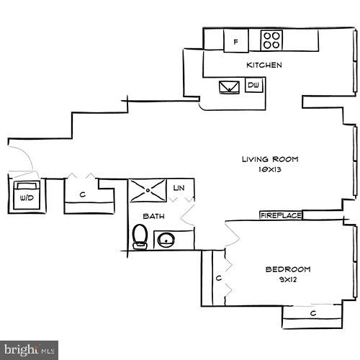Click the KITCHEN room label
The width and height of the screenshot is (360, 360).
click(x=264, y=65)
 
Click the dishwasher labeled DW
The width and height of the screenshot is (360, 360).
click(x=253, y=86)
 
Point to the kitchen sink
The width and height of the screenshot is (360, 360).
click(x=230, y=87)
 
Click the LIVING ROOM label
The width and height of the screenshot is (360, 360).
click(x=269, y=159)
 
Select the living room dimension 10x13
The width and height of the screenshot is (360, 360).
click(x=269, y=171)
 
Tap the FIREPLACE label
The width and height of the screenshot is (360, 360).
click(x=280, y=215)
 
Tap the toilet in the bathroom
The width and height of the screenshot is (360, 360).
click(x=140, y=235)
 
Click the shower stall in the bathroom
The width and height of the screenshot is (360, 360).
click(x=148, y=191)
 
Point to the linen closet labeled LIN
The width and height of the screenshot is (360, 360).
click(x=179, y=188)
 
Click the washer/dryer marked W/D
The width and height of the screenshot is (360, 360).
click(x=27, y=195)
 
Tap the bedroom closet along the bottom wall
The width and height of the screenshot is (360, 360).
click(x=312, y=313)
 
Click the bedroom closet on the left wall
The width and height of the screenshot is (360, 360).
click(x=217, y=277)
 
